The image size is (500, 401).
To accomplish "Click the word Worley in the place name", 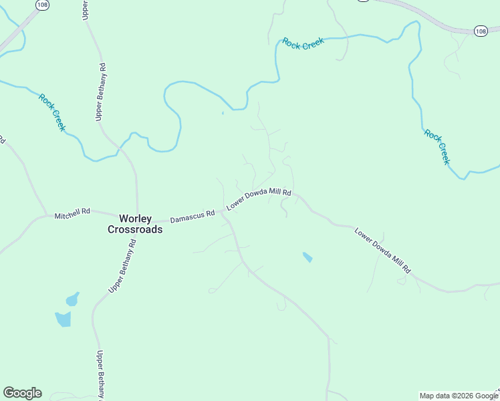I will (x=136, y=219).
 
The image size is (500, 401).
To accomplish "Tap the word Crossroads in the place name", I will (x=135, y=229).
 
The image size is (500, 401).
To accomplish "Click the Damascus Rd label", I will (x=192, y=216).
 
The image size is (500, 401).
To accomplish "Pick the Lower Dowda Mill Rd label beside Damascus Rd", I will (x=259, y=199).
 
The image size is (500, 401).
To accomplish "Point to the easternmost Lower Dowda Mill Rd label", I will (x=382, y=251).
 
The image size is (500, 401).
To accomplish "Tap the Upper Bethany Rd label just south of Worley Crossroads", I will (x=122, y=267).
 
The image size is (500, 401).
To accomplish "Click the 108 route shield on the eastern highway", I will (x=481, y=31).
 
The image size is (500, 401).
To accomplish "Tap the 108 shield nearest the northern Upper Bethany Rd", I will (x=42, y=5).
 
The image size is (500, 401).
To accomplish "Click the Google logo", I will (x=22, y=393).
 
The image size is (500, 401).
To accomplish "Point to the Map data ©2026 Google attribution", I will (x=459, y=396).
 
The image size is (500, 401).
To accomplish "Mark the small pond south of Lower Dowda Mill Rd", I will (x=307, y=257).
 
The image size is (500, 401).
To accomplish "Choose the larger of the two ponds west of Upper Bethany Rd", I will (x=64, y=319).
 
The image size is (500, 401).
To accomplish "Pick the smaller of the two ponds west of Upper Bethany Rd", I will (x=72, y=299).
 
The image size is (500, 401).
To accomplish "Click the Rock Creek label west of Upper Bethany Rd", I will (x=52, y=112).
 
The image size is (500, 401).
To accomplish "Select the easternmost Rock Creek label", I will (x=437, y=146).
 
